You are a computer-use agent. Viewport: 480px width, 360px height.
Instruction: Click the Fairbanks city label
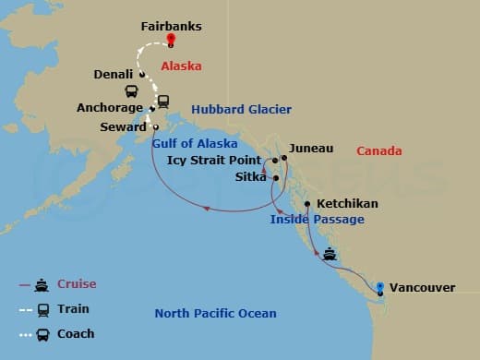171,27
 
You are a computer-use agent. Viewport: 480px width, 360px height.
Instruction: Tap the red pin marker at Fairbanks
171,41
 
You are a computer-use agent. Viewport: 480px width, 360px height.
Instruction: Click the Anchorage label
110,107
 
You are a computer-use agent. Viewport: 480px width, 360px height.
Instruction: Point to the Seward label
126,126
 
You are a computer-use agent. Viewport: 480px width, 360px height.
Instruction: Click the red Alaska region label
181,66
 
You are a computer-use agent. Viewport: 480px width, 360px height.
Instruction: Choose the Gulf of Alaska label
194,143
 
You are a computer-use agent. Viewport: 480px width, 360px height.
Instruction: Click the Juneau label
311,148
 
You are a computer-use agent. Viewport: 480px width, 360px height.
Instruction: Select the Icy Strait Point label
213,160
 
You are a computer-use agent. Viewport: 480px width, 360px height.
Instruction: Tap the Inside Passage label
317,220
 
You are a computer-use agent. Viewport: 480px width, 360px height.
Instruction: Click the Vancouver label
422,288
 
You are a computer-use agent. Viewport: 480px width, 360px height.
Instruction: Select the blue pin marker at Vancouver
380,287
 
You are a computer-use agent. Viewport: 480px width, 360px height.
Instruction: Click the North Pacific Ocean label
215,314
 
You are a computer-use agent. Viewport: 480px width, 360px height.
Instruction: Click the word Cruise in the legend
77,284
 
